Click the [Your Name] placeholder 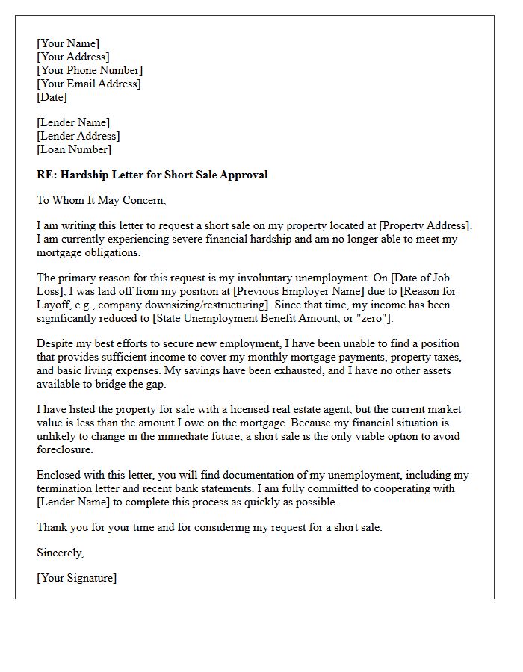click(67, 43)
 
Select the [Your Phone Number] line click(90, 70)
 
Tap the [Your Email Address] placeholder click(88, 84)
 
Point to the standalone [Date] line click(52, 97)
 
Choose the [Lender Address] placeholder click(78, 136)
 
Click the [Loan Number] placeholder click(73, 149)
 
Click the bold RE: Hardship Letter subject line click(152, 175)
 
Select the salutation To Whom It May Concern click(101, 200)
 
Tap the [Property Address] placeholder click(425, 225)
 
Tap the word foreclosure click(65, 451)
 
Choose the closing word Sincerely click(60, 553)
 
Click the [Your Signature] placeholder click(76, 578)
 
